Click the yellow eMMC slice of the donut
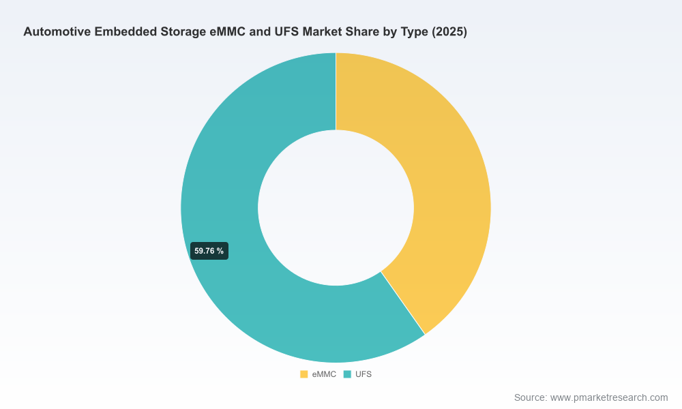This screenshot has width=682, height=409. click(x=448, y=183)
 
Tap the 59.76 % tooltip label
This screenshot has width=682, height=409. click(x=209, y=251)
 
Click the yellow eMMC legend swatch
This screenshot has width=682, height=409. click(x=304, y=374)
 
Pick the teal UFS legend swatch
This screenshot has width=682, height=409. click(x=347, y=374)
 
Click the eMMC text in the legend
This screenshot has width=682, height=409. click(x=324, y=374)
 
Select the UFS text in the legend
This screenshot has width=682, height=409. click(x=364, y=374)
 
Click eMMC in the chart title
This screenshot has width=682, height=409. click(x=228, y=32)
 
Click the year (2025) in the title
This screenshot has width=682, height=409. click(x=449, y=32)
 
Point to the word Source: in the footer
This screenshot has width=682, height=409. click(x=530, y=397)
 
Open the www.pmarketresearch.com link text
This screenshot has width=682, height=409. click(x=609, y=397)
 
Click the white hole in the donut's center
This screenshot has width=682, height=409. click(x=336, y=208)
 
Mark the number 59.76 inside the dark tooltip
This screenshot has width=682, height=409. click(x=205, y=251)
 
